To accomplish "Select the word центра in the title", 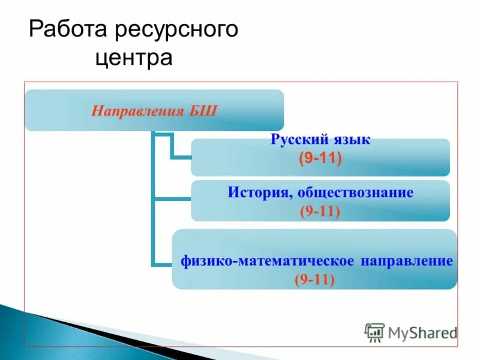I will pos(133,58).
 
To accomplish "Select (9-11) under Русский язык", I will pos(320,158).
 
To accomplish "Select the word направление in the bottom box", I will pos(406,262).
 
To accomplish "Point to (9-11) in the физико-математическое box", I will pos(314,279).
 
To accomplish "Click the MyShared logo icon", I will pos(374,332).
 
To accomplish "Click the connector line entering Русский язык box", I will pos(180,157).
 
